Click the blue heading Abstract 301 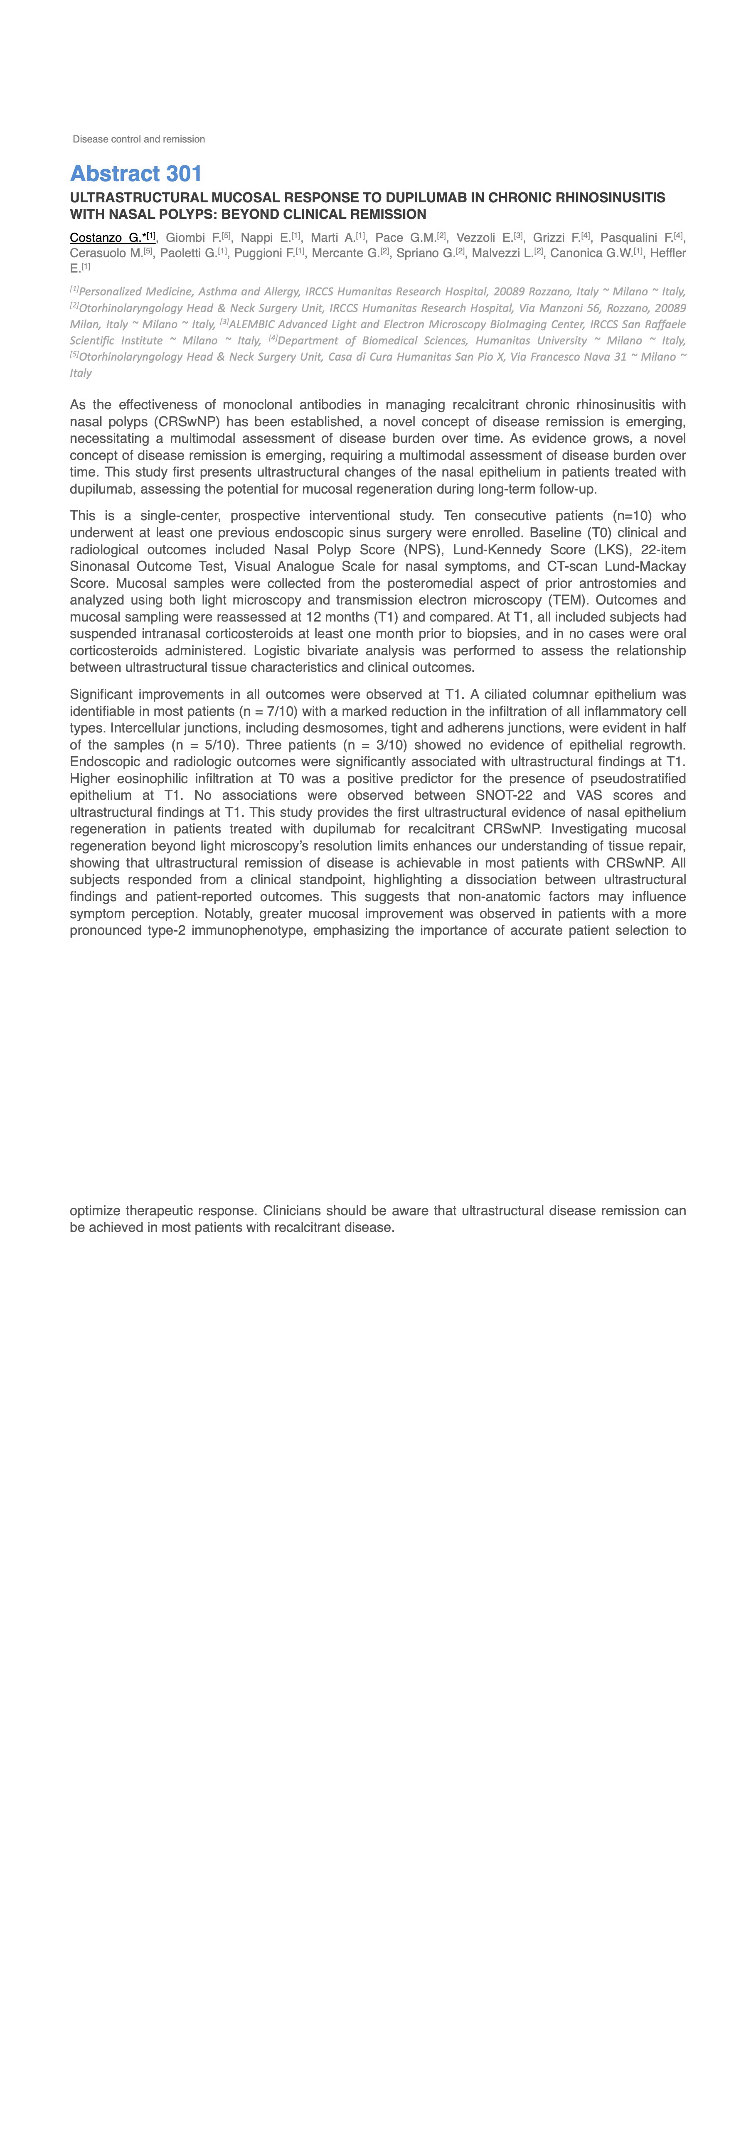(x=136, y=174)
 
